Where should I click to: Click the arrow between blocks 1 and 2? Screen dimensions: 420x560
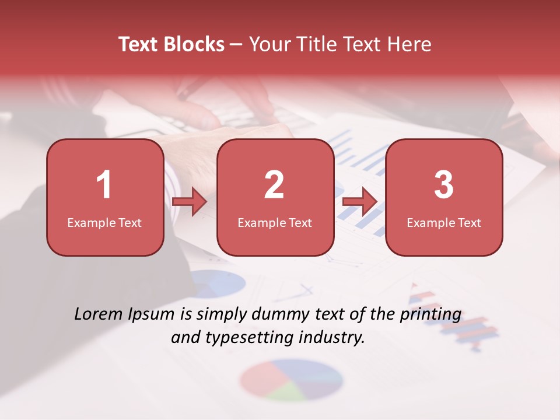click(x=190, y=202)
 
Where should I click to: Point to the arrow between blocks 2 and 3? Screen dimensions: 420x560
click(x=360, y=202)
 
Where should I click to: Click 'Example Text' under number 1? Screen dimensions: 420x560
click(x=104, y=223)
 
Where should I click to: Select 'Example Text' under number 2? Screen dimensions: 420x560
click(x=275, y=223)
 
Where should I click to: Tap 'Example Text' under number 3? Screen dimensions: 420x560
click(x=444, y=223)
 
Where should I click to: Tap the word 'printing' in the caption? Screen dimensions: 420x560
click(x=430, y=316)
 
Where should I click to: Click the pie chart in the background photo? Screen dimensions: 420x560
click(x=291, y=379)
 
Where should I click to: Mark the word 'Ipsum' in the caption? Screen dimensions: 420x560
click(x=151, y=315)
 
